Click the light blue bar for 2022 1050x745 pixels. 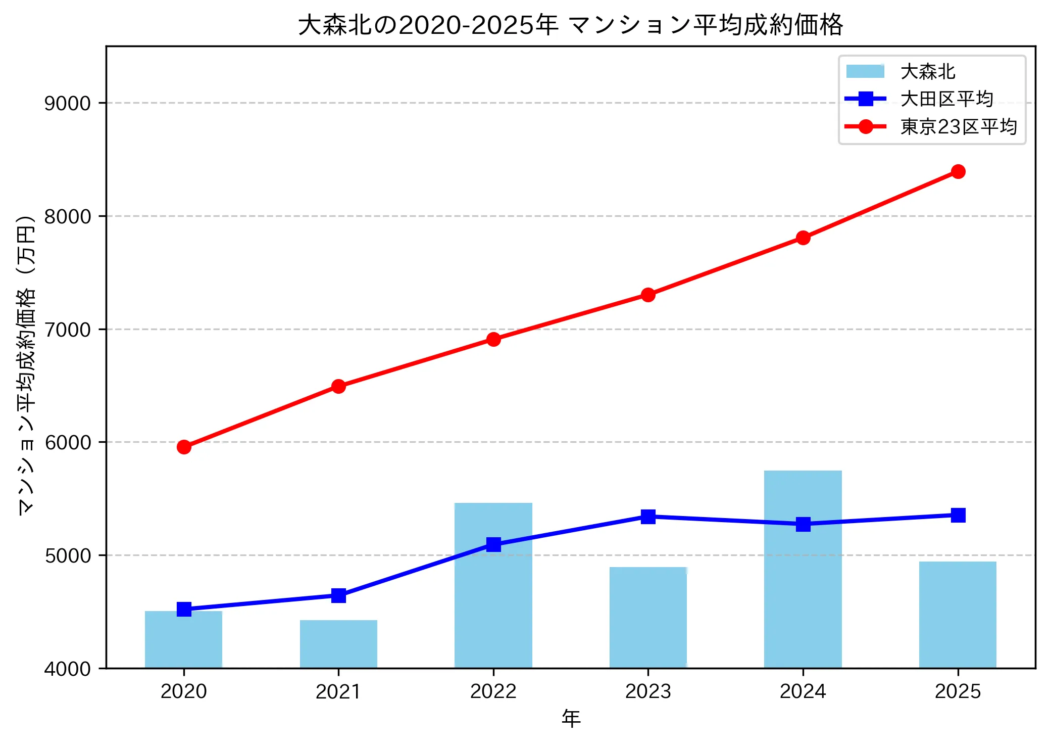pos(493,607)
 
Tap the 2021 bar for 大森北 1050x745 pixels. pos(338,644)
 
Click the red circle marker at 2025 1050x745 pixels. pos(958,172)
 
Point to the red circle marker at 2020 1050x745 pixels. pos(184,447)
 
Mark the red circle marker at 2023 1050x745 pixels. pos(648,295)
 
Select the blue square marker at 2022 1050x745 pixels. pos(493,544)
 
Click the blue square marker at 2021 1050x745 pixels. pos(338,595)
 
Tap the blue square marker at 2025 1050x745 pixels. pos(958,515)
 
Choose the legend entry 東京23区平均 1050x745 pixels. pos(958,127)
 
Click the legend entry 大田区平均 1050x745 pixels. pos(946,99)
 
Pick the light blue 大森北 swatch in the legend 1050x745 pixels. pos(865,71)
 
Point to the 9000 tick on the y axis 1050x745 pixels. pos(67,103)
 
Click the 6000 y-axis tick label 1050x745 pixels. pos(67,442)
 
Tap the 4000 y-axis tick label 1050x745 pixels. pos(67,669)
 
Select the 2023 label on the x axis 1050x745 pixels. pos(648,691)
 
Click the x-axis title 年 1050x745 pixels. pos(571,719)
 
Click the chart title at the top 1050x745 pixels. pos(570,24)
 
